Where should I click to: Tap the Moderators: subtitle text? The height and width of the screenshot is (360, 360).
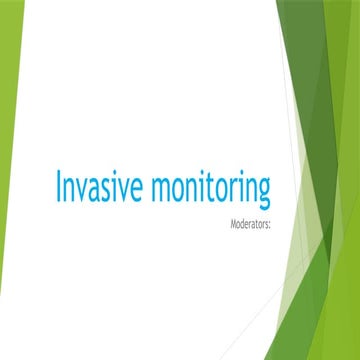(x=251, y=213)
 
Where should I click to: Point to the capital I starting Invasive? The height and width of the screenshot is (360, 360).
(x=59, y=186)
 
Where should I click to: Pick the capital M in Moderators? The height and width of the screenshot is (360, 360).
(x=233, y=213)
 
